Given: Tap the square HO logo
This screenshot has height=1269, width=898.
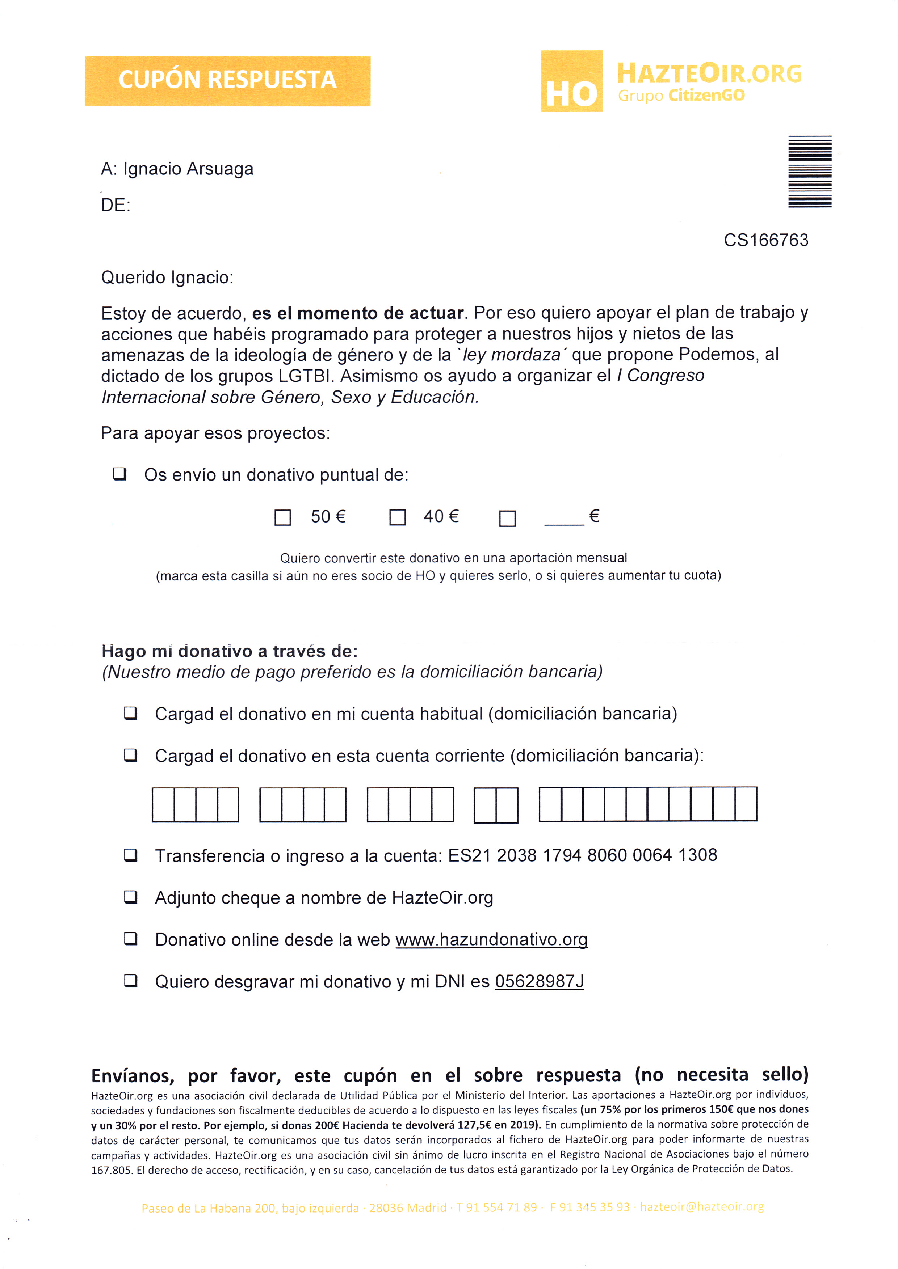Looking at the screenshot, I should tap(571, 81).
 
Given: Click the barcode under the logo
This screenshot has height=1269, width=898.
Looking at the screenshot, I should tap(810, 172).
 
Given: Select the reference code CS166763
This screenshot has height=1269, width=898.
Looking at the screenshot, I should tap(766, 240).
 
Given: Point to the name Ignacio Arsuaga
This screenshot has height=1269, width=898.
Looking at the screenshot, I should tap(188, 169).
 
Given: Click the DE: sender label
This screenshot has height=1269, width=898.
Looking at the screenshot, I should tap(116, 205).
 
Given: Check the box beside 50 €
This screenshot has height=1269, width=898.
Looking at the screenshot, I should tap(282, 517).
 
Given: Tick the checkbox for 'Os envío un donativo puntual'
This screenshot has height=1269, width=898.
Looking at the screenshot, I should tap(119, 474).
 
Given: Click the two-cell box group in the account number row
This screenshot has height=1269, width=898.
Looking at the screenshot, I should tap(496, 805).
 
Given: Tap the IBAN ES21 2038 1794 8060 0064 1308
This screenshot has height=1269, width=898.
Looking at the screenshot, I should tap(582, 855).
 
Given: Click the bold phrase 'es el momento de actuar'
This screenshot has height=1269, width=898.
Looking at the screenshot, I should tap(358, 313).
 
